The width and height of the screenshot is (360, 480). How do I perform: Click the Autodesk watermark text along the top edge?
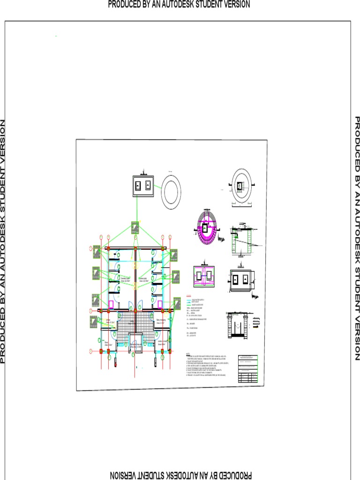pyautogui.click(x=179, y=4)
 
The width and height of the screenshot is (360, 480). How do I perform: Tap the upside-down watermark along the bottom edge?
pyautogui.click(x=180, y=475)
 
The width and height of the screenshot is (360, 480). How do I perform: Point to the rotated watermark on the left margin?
pyautogui.click(x=3, y=241)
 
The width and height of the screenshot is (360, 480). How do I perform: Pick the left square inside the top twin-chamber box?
pyautogui.click(x=138, y=186)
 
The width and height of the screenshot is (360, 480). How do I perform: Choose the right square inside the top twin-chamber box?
pyautogui.click(x=148, y=186)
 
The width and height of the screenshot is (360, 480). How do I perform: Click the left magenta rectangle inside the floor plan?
pyautogui.click(x=111, y=305)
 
